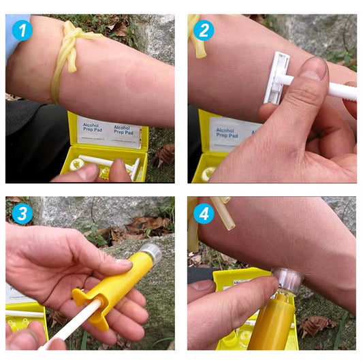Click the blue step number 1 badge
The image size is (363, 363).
(x=22, y=30)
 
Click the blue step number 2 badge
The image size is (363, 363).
(x=203, y=30)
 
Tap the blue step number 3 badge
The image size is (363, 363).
(x=22, y=214)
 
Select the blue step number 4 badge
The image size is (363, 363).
(x=203, y=214)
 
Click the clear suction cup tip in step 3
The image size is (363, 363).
(x=151, y=254)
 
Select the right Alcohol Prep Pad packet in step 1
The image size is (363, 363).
(x=127, y=134)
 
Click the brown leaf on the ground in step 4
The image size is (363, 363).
(x=317, y=326)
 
